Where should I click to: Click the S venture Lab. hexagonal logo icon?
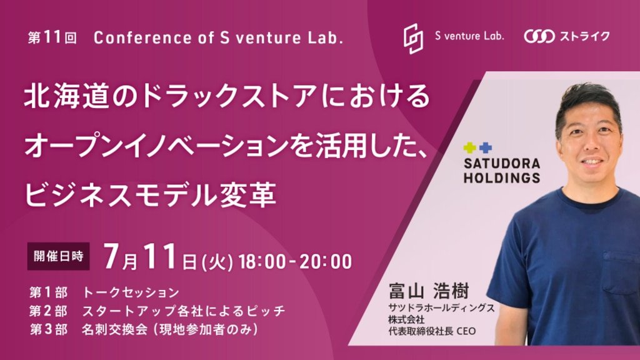click(x=413, y=38)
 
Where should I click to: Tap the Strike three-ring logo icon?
click(x=539, y=36)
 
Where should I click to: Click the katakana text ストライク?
click(x=584, y=36)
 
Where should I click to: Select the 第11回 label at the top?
click(x=52, y=37)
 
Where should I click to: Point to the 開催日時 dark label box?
click(x=58, y=256)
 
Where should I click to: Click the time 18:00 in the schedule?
click(x=262, y=262)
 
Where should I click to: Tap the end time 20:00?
click(x=326, y=262)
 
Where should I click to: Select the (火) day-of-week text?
click(x=217, y=262)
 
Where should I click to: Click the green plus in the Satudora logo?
click(x=470, y=147)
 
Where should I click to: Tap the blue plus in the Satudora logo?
click(x=485, y=147)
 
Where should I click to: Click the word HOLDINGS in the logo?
click(x=502, y=178)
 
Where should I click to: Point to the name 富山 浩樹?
click(x=429, y=291)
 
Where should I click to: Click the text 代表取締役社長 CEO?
click(x=432, y=331)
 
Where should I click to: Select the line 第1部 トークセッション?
click(x=104, y=292)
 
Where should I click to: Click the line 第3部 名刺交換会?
click(x=144, y=329)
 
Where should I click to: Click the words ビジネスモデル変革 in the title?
click(x=150, y=195)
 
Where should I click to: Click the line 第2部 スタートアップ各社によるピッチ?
click(x=157, y=311)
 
